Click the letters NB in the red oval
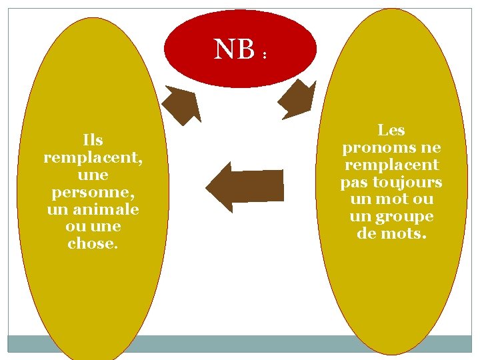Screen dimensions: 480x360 [x=234, y=49]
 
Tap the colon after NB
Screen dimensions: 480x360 [x=265, y=55]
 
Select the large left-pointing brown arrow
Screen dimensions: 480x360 [x=245, y=187]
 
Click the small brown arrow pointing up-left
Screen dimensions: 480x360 [x=183, y=105]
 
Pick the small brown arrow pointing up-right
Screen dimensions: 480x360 [x=296, y=101]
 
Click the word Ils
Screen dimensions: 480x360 [x=93, y=140]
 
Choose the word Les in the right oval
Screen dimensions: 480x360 [x=391, y=130]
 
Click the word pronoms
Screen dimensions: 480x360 [x=374, y=147]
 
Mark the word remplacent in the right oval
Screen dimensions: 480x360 [x=391, y=165]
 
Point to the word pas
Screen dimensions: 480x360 [x=354, y=182]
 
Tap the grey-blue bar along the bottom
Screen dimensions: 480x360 [x=240, y=343]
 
